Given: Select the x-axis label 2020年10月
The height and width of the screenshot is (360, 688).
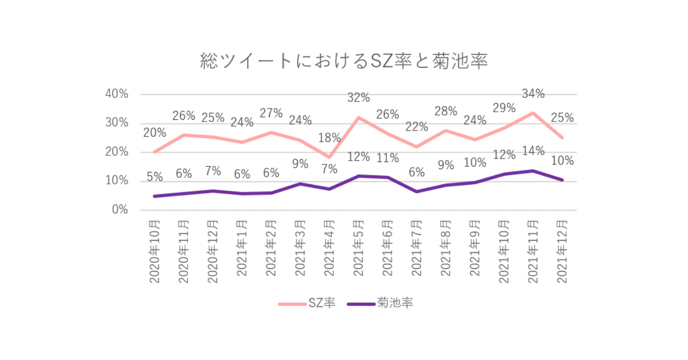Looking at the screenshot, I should (154, 250).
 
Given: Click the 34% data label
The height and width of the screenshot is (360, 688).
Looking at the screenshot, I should (533, 94).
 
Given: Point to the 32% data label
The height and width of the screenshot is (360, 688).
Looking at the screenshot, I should (359, 98).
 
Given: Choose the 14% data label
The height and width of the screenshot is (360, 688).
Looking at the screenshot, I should (533, 151).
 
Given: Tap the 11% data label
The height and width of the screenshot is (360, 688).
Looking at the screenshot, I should (388, 158).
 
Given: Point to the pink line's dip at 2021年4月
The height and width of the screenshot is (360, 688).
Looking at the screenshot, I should (329, 157).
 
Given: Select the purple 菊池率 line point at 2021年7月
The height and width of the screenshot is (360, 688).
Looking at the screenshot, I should (417, 191).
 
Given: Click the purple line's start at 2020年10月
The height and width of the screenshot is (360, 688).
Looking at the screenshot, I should (155, 196).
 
